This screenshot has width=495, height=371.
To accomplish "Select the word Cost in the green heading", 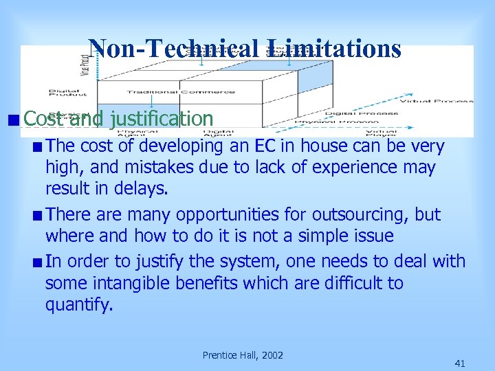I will point(44,118).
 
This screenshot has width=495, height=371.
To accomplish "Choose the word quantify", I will point(78,304).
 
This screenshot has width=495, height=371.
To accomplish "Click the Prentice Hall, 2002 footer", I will point(243,355).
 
